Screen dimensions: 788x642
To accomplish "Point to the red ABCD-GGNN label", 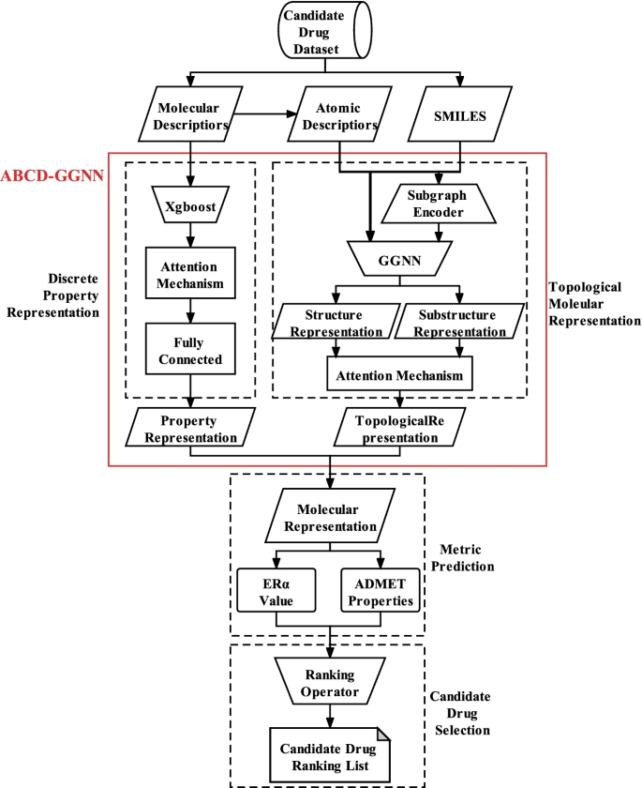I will [x=52, y=175].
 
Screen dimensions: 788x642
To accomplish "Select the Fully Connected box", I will [x=191, y=351].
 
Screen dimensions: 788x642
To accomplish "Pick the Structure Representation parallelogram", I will [x=334, y=323].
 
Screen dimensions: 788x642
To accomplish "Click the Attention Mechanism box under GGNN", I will [x=395, y=375].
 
